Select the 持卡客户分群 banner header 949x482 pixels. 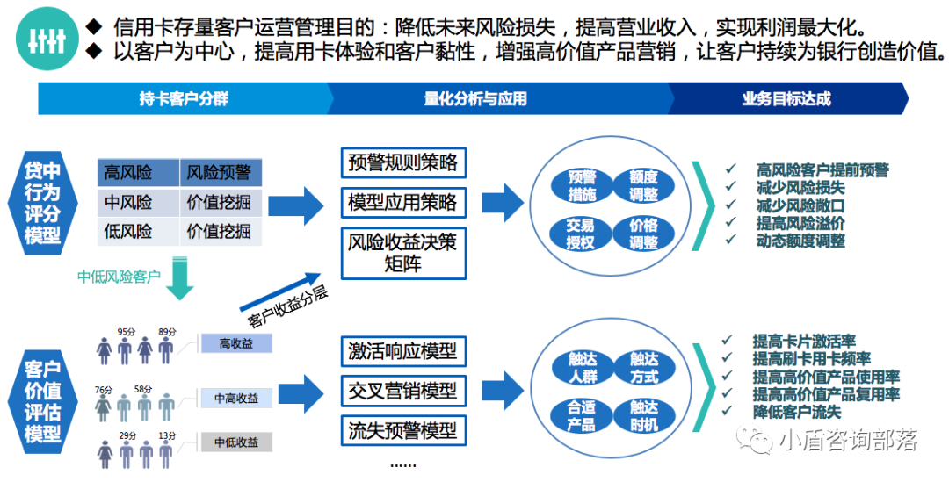[183, 98]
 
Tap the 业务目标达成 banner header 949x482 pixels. [786, 98]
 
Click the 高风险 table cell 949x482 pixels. [137, 172]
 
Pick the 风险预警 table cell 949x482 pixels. [220, 172]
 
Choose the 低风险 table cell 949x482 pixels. [137, 232]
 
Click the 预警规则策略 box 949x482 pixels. [402, 163]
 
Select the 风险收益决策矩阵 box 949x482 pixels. [402, 252]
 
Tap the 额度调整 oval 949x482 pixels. [643, 185]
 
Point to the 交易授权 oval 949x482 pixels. [581, 234]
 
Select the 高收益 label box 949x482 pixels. [235, 343]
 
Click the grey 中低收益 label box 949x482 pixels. [235, 442]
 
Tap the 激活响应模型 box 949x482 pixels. [402, 351]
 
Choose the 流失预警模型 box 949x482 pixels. [402, 430]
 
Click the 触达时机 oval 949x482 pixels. [643, 415]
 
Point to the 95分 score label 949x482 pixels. [126, 332]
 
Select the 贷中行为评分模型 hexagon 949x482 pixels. [42, 202]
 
